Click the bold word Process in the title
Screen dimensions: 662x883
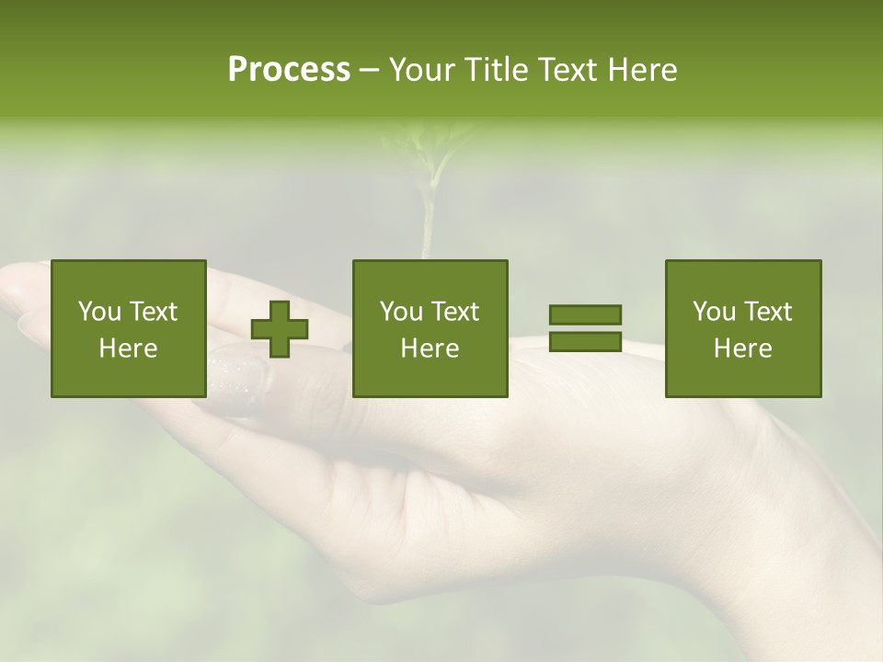(x=289, y=70)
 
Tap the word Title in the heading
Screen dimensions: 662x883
(x=496, y=70)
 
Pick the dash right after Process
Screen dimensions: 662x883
(x=369, y=71)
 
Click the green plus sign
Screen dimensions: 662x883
(x=280, y=329)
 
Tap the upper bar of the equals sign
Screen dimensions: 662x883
(x=585, y=315)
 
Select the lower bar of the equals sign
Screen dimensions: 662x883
(x=585, y=341)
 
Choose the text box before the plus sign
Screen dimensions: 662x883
(x=128, y=328)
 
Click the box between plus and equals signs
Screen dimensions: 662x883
(x=430, y=328)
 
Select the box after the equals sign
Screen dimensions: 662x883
(x=742, y=328)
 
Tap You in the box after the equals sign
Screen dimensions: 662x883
(x=714, y=312)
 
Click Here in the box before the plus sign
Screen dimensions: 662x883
(x=128, y=348)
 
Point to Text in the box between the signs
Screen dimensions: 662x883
(x=455, y=312)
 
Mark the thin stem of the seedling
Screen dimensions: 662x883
(x=427, y=221)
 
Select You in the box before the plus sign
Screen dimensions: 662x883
(x=99, y=312)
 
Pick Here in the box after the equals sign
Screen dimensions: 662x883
(x=742, y=348)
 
